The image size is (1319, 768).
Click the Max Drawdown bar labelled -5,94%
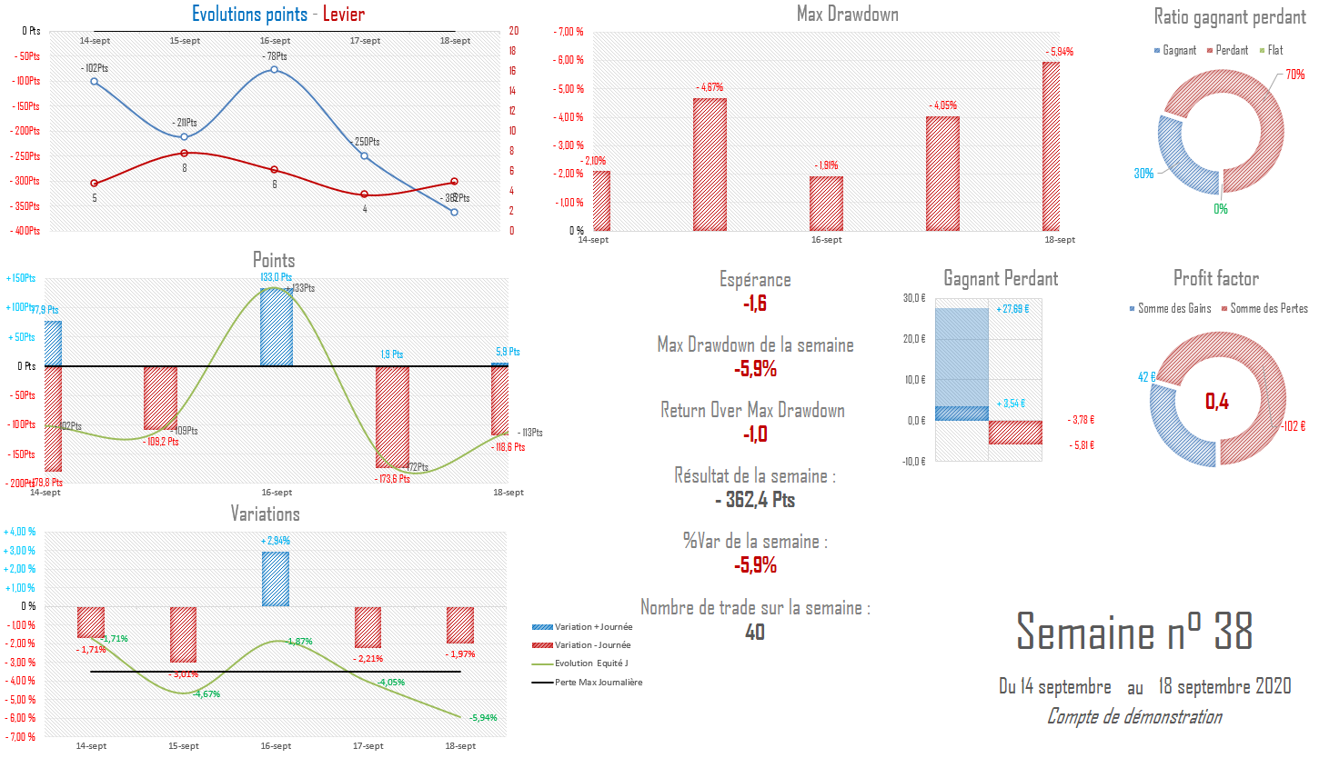coord(1051,145)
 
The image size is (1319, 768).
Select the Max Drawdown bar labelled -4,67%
coord(710,164)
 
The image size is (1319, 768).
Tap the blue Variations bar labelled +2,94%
coord(276,579)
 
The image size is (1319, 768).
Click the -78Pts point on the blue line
coord(275,69)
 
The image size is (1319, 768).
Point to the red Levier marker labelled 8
coord(184,153)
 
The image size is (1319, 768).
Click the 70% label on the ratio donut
coord(1294,75)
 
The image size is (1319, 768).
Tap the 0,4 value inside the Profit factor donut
coord(1217,401)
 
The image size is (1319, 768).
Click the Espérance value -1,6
coord(755,304)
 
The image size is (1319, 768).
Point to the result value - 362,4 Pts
coord(755,500)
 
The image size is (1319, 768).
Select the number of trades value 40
coord(755,633)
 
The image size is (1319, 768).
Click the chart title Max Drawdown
coord(847,14)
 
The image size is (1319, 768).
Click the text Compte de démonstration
coord(1133,717)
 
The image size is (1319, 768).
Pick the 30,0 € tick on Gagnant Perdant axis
coord(914,298)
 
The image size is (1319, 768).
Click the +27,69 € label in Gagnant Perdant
coord(1012,309)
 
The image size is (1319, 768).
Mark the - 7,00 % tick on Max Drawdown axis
coord(569,32)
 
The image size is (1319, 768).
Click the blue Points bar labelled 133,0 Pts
coord(277,327)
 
